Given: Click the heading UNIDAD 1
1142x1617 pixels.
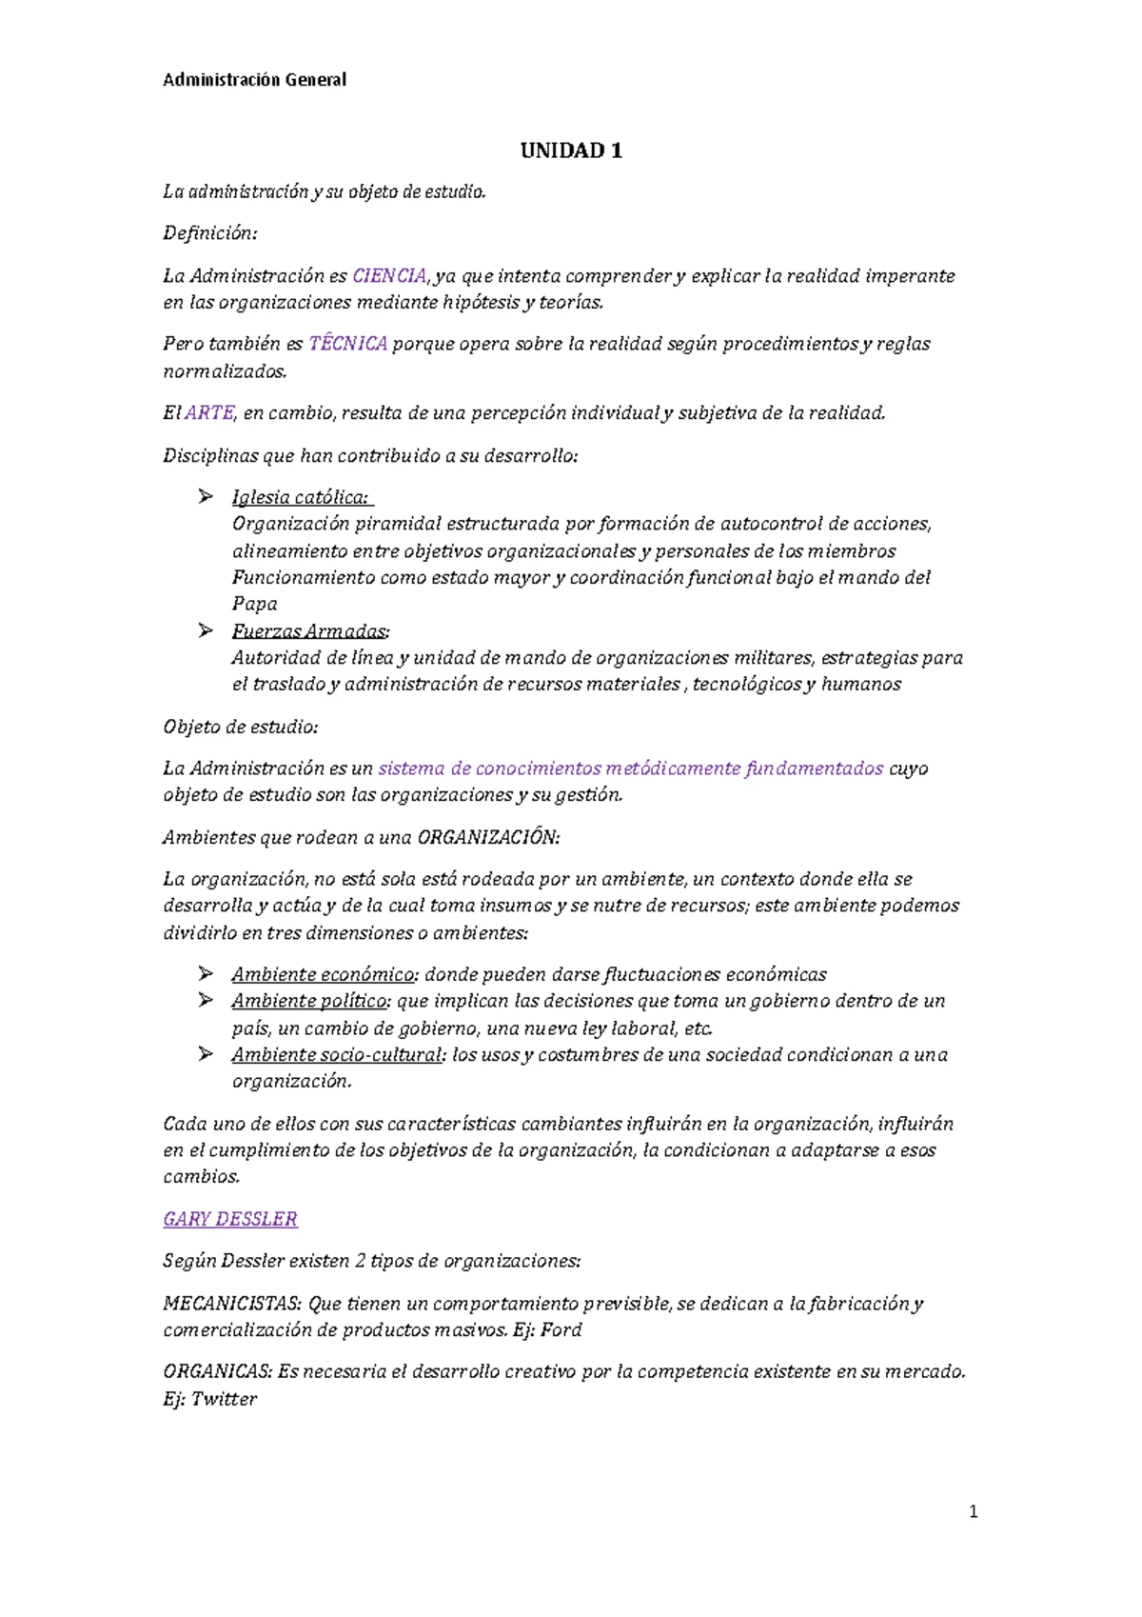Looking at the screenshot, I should click(x=571, y=150).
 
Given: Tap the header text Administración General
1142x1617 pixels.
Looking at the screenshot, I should click(x=254, y=80).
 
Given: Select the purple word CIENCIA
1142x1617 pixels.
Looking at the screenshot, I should click(x=389, y=276).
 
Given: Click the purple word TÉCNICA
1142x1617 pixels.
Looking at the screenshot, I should click(x=348, y=344).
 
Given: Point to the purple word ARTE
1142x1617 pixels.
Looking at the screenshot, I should click(x=209, y=413).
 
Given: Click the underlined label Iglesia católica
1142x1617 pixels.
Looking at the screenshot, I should click(x=300, y=497).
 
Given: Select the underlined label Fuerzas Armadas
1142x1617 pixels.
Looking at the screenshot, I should click(x=310, y=631).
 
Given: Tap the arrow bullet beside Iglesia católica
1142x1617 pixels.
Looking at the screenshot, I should click(x=206, y=496).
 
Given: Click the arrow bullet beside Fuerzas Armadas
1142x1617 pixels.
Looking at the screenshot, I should click(x=206, y=630).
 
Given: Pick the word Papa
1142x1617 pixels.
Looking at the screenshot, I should click(x=255, y=604).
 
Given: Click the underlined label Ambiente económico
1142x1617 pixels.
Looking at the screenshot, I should click(x=324, y=974).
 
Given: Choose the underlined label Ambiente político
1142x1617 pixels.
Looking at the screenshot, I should click(x=310, y=1001).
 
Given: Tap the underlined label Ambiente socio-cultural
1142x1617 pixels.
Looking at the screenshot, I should click(x=337, y=1054).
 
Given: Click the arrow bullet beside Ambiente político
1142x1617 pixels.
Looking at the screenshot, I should click(x=206, y=1000).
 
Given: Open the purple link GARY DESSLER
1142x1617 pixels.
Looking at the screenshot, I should click(x=230, y=1219).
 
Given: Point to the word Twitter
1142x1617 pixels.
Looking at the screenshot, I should click(x=224, y=1399).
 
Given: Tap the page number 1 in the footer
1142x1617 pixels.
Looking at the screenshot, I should click(x=973, y=1511).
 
